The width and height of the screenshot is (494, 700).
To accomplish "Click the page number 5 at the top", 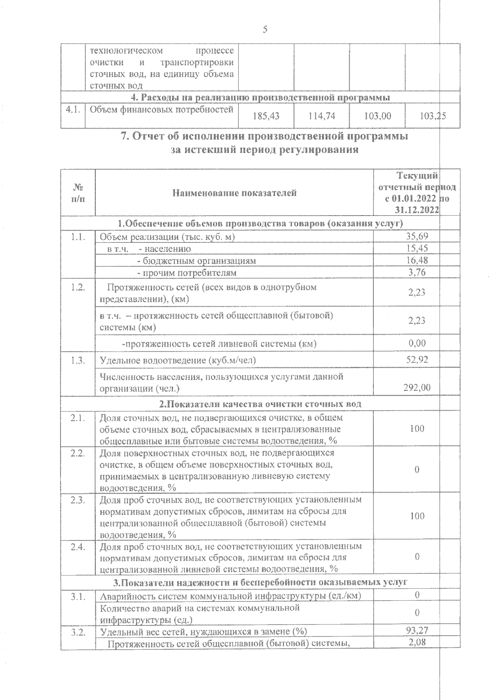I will click(265, 30).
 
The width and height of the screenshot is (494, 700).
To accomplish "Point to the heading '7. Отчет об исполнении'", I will click(264, 136).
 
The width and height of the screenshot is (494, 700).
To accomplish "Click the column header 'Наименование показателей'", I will click(234, 193).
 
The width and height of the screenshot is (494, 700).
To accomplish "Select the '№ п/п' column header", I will click(78, 193).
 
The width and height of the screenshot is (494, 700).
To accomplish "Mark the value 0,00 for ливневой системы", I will click(417, 343).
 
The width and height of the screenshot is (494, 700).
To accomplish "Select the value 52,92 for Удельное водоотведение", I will click(417, 359).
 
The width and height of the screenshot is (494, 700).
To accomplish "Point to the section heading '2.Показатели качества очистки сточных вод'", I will click(260, 404).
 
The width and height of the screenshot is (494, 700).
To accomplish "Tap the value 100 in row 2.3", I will click(417, 516).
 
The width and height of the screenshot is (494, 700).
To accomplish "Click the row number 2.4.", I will click(78, 547).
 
